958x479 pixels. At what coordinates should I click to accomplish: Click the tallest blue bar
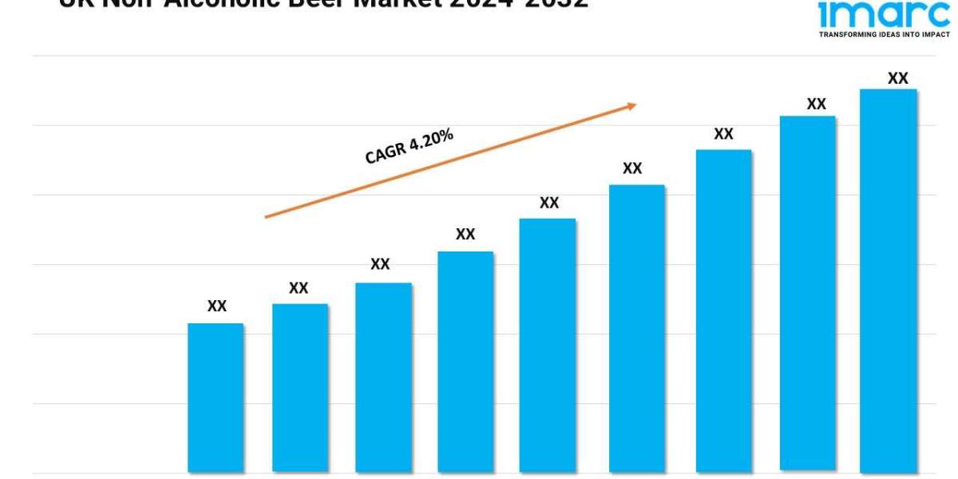click(x=888, y=279)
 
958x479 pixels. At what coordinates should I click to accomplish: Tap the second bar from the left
click(x=299, y=387)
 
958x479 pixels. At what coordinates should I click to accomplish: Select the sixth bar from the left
click(x=636, y=327)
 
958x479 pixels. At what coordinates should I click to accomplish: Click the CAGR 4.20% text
click(x=409, y=146)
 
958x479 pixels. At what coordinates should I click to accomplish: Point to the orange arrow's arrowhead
click(x=631, y=105)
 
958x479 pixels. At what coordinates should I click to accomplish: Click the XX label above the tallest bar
click(x=898, y=78)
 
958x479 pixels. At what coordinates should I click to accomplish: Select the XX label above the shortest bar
click(x=217, y=306)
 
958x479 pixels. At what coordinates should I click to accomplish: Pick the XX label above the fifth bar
click(x=549, y=203)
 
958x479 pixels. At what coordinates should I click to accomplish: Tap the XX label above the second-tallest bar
click(x=816, y=104)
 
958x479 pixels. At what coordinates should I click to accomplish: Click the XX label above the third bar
click(x=380, y=264)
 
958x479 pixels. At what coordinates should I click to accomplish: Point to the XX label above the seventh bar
click(x=723, y=134)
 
